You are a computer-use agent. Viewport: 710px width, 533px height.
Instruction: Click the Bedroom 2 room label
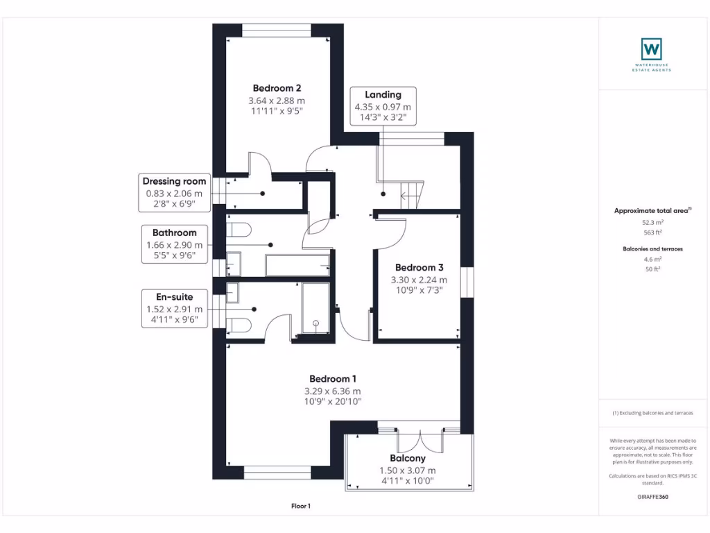pyautogui.click(x=277, y=88)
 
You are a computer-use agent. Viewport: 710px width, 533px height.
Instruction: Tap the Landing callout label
pyautogui.click(x=383, y=94)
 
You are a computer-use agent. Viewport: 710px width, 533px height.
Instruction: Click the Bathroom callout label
pyautogui.click(x=175, y=232)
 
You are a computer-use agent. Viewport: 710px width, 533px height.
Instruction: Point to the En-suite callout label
pyautogui.click(x=175, y=295)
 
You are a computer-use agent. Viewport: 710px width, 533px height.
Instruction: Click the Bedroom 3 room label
pyautogui.click(x=419, y=267)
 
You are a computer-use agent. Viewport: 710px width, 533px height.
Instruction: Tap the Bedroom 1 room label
pyautogui.click(x=333, y=379)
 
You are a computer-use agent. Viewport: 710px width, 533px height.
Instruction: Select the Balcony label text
pyautogui.click(x=408, y=458)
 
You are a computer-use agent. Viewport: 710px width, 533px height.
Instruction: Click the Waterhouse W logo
pyautogui.click(x=651, y=49)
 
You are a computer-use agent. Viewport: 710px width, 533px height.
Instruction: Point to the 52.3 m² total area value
pyautogui.click(x=651, y=223)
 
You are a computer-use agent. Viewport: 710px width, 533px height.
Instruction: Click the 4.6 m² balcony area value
pyautogui.click(x=651, y=258)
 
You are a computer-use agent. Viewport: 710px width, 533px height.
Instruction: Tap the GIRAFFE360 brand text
pyautogui.click(x=651, y=497)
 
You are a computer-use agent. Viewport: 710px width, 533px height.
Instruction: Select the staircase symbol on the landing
pyautogui.click(x=412, y=192)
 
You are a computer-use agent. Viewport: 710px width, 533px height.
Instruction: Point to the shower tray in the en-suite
pyautogui.click(x=315, y=310)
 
